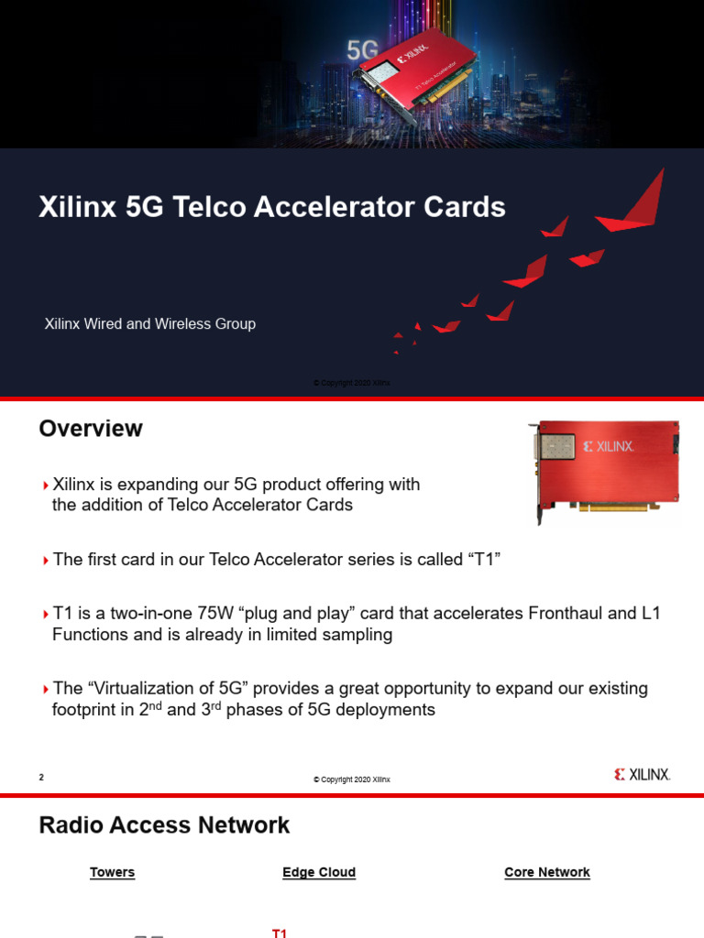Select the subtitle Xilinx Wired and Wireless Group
click(150, 324)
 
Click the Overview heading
click(91, 429)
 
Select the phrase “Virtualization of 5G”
click(172, 688)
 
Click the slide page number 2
click(41, 778)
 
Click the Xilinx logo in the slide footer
click(642, 775)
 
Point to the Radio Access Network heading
click(164, 825)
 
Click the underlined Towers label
click(112, 873)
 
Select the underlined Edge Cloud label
click(319, 873)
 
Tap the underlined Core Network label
click(547, 873)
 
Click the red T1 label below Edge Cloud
click(280, 933)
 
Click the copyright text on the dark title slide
click(352, 383)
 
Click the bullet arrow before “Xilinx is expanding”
click(46, 485)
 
